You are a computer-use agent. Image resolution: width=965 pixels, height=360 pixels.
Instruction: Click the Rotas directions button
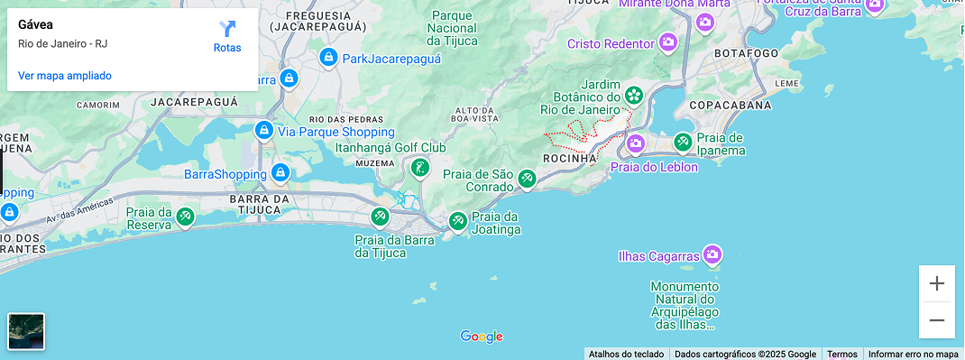[x=227, y=36]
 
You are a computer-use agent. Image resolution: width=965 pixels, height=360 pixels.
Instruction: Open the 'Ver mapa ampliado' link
[x=65, y=76]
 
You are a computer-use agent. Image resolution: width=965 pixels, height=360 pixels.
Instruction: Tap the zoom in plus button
[x=937, y=283]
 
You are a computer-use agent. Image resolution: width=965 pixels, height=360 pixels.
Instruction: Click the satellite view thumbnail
[x=26, y=331]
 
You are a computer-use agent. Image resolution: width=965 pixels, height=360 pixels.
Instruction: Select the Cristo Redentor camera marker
[x=667, y=42]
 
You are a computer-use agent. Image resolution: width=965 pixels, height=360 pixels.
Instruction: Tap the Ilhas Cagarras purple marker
[x=712, y=254]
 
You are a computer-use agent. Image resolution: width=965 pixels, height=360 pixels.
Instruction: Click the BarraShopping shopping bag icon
[x=280, y=171]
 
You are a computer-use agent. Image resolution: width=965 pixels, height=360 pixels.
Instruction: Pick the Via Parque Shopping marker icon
[x=264, y=130]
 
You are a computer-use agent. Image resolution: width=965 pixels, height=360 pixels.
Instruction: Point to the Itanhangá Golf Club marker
[x=419, y=167]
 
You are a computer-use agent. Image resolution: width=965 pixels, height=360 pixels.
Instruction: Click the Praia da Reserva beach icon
[x=185, y=216]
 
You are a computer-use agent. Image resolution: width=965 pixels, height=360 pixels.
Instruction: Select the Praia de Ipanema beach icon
[x=683, y=142]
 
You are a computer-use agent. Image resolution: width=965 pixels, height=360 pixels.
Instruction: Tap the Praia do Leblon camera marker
[x=636, y=143]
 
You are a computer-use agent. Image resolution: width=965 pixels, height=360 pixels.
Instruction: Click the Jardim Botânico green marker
[x=634, y=94]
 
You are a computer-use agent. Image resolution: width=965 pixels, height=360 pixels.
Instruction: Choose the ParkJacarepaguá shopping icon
[x=329, y=59]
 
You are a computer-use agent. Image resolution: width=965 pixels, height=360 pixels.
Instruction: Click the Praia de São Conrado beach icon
[x=527, y=180]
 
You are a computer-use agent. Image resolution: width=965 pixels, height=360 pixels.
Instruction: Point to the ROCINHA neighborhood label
[x=570, y=159]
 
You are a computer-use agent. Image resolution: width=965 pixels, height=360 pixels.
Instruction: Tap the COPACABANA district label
[x=730, y=106]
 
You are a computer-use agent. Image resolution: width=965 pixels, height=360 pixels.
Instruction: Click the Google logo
[x=482, y=337]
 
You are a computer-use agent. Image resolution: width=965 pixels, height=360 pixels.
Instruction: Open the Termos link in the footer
[x=842, y=355]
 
